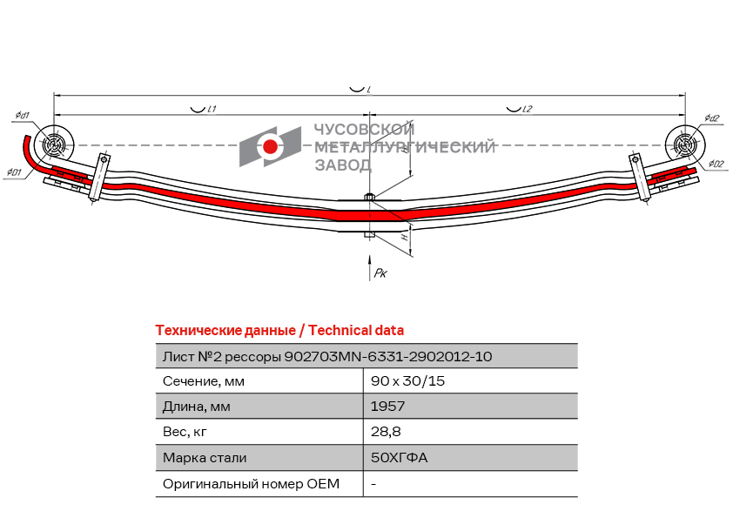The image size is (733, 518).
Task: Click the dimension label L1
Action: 212,109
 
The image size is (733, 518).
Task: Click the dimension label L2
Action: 526,109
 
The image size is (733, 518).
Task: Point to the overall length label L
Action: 369,90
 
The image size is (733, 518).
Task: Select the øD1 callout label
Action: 14,172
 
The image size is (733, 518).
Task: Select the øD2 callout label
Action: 716,164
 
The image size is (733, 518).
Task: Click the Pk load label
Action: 380,273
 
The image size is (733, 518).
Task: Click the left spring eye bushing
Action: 53,145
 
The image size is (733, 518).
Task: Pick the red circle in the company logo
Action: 270,146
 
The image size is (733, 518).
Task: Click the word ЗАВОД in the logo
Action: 343,165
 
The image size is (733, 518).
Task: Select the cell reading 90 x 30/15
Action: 408,381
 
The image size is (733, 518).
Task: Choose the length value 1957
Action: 387,407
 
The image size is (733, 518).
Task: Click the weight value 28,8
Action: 386,432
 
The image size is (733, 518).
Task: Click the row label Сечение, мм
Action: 204,381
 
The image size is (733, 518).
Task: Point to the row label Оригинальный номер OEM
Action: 251,484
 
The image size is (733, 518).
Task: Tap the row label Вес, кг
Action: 185,432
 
